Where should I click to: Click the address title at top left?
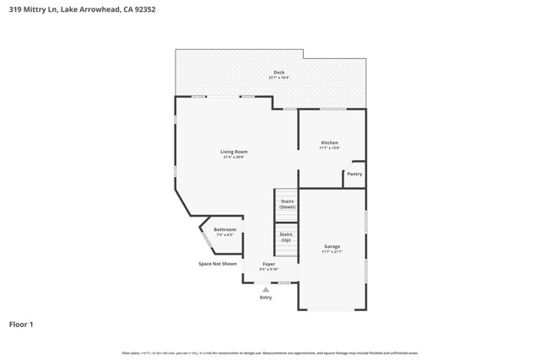pyautogui.click(x=82, y=9)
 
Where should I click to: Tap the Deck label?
pyautogui.click(x=278, y=72)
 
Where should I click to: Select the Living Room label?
pyautogui.click(x=235, y=151)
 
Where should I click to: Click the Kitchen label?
pyautogui.click(x=329, y=142)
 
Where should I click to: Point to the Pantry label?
pyautogui.click(x=354, y=174)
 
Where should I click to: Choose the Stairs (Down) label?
pyautogui.click(x=287, y=203)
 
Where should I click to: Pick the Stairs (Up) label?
pyautogui.click(x=286, y=237)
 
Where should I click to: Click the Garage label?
pyautogui.click(x=332, y=246)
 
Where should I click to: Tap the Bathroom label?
pyautogui.click(x=224, y=229)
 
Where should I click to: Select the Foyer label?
pyautogui.click(x=268, y=264)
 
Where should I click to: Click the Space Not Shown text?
pyautogui.click(x=218, y=264)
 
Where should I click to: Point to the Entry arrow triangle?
pyautogui.click(x=266, y=289)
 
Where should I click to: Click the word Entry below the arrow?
pyautogui.click(x=266, y=297)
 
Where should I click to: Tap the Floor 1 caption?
pyautogui.click(x=21, y=324)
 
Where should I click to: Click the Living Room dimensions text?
pyautogui.click(x=235, y=157)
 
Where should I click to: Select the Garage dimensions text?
pyautogui.click(x=332, y=251)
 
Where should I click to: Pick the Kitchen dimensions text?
pyautogui.click(x=329, y=148)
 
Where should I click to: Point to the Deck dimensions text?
pyautogui.click(x=278, y=78)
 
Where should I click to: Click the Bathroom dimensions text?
pyautogui.click(x=224, y=234)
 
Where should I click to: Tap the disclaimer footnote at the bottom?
pyautogui.click(x=270, y=352)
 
